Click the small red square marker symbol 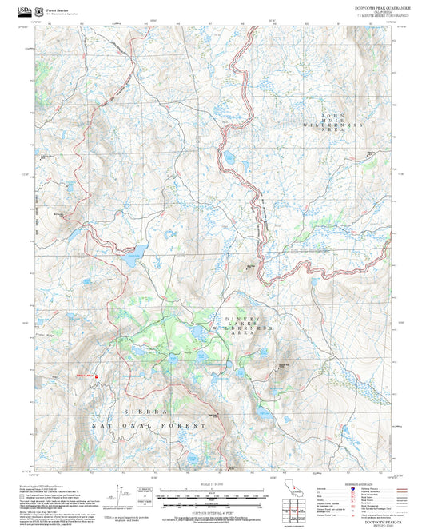(97, 376)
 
